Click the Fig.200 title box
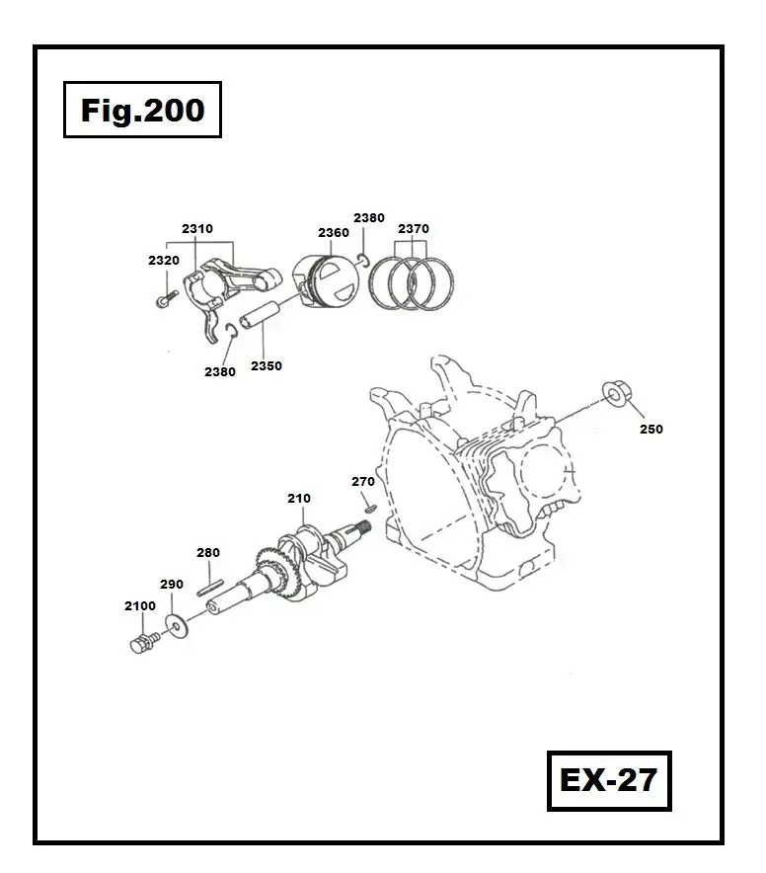pyautogui.click(x=143, y=110)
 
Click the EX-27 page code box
pyautogui.click(x=607, y=780)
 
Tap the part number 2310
pyautogui.click(x=197, y=229)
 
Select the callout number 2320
pyautogui.click(x=164, y=260)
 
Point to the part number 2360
pyautogui.click(x=334, y=233)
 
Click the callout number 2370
pyautogui.click(x=414, y=229)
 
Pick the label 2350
pyautogui.click(x=267, y=365)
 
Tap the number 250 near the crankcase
pyautogui.click(x=651, y=430)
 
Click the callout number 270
pyautogui.click(x=363, y=482)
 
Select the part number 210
pyautogui.click(x=299, y=499)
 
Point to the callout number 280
pyautogui.click(x=208, y=553)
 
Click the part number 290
pyautogui.click(x=171, y=585)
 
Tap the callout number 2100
pyautogui.click(x=140, y=605)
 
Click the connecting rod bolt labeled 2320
pyautogui.click(x=164, y=293)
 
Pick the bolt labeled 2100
pyautogui.click(x=142, y=646)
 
